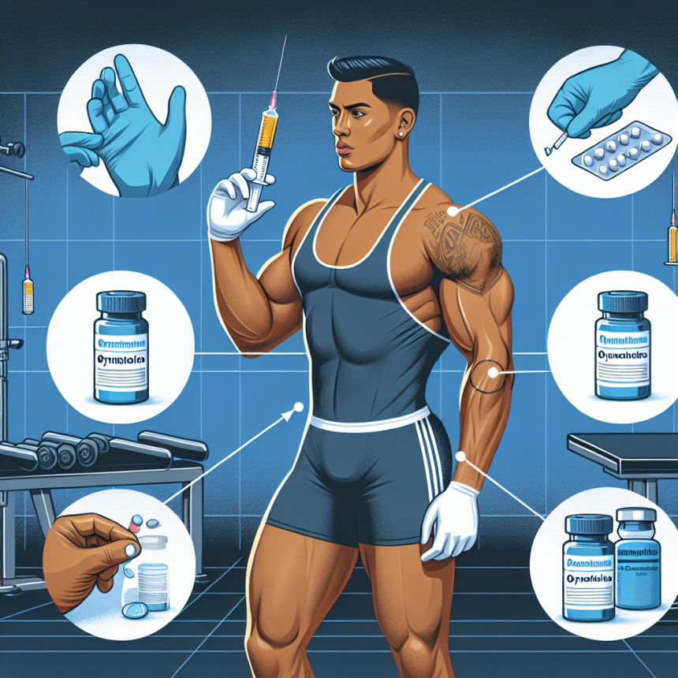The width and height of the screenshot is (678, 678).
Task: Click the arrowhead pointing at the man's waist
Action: point(299,408)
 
